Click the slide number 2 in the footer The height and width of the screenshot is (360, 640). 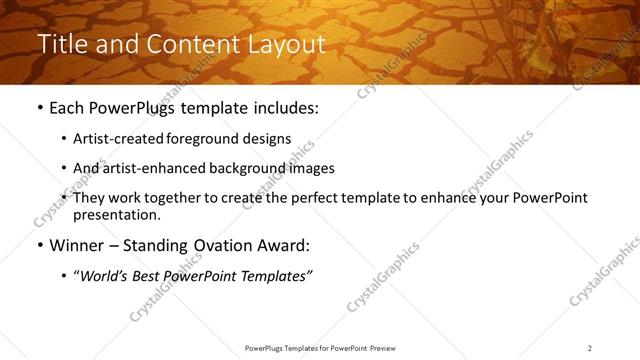point(589,348)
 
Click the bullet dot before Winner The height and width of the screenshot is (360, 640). point(39,245)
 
